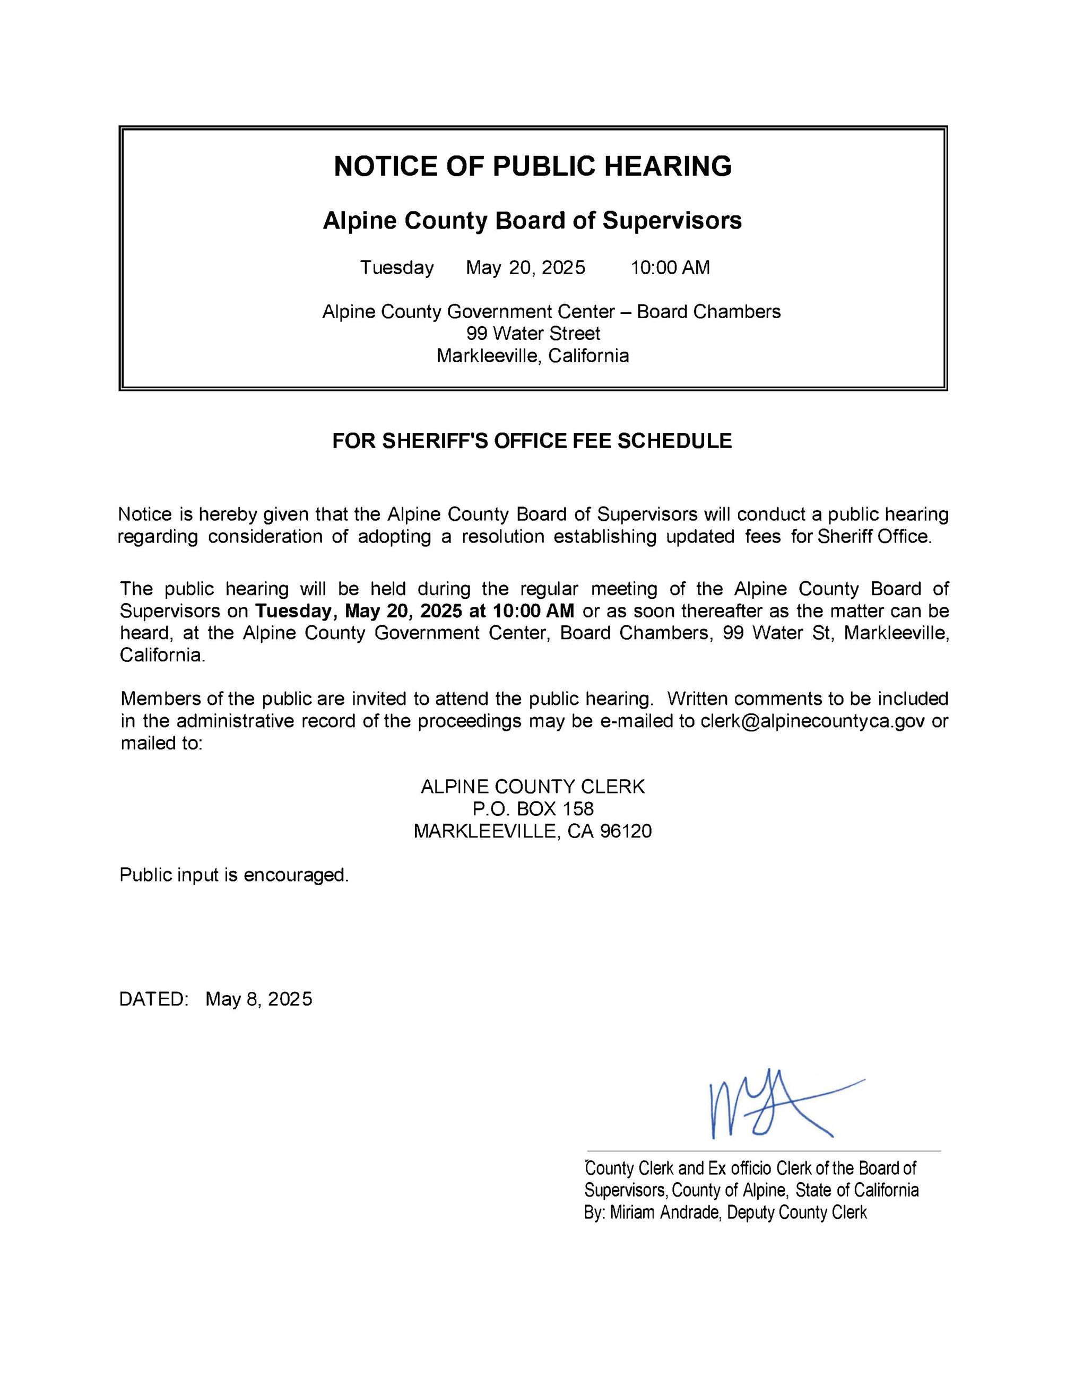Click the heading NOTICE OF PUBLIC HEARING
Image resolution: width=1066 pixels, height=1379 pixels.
(532, 166)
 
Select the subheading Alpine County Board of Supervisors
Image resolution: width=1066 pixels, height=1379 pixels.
(532, 220)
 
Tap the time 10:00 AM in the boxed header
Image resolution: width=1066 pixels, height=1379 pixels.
(670, 268)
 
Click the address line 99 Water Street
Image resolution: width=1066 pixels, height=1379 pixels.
(533, 334)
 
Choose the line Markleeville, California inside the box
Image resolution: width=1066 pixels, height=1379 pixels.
(532, 356)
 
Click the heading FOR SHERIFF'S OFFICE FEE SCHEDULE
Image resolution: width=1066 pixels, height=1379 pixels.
(532, 441)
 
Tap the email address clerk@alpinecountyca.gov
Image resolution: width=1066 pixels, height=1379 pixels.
(812, 721)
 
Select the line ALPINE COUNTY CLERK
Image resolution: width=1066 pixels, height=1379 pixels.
(532, 787)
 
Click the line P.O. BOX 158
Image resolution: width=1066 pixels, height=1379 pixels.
(532, 809)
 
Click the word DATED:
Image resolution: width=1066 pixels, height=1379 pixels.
(154, 999)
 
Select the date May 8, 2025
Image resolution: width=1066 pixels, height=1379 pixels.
(258, 999)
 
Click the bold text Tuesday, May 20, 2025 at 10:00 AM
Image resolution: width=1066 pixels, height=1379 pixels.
(414, 611)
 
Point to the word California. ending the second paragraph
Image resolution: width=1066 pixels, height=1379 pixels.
(162, 656)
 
